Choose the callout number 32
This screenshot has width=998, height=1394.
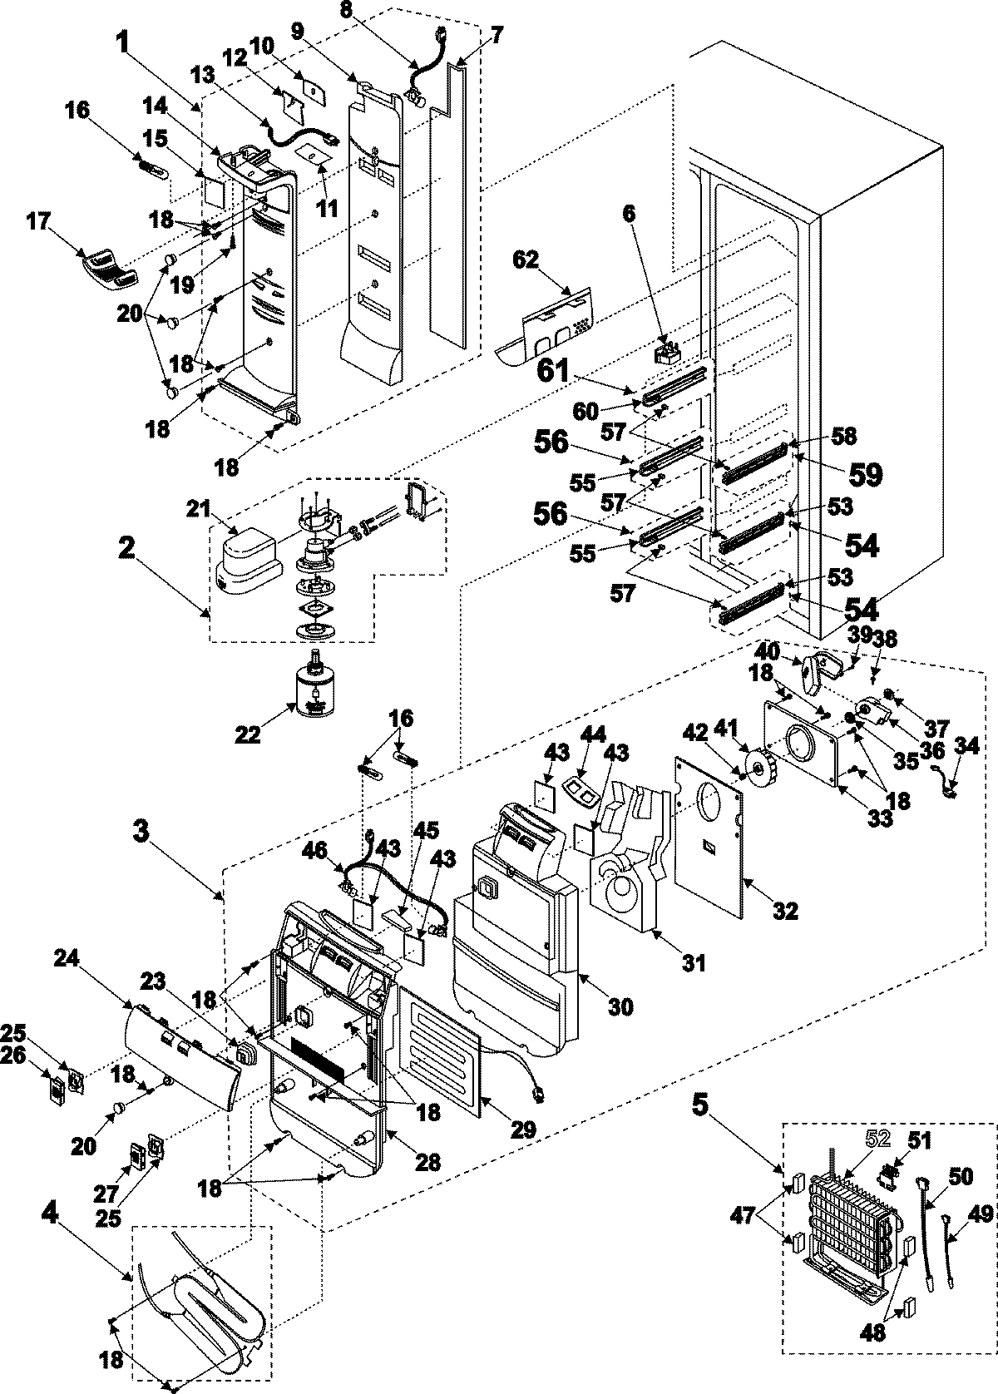tap(784, 910)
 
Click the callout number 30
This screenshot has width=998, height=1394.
tap(620, 1006)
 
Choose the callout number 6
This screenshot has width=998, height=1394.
tap(629, 214)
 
